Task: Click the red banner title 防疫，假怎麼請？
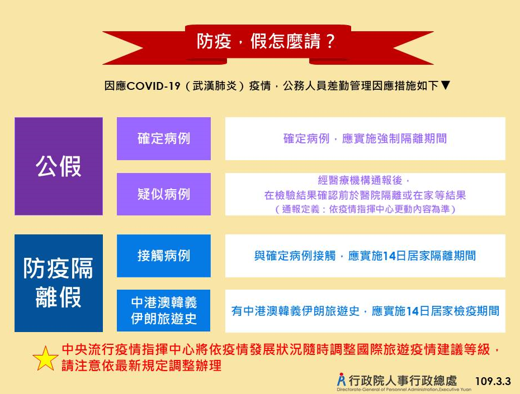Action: tap(266, 41)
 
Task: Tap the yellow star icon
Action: tap(45, 359)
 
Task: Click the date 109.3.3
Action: tap(493, 381)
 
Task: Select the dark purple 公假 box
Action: tap(59, 166)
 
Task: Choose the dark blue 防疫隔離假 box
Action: tap(59, 283)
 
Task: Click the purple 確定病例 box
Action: tap(164, 139)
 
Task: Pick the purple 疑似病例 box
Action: tap(164, 194)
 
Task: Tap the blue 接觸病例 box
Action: tap(164, 256)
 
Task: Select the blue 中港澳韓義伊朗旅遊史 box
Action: tap(164, 310)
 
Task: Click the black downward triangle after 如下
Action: tap(446, 85)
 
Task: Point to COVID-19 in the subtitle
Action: tap(153, 86)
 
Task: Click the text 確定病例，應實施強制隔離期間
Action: tap(365, 139)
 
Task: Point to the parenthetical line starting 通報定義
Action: tap(366, 209)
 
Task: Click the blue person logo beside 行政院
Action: tap(341, 379)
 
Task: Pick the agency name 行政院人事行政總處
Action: tap(403, 381)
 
